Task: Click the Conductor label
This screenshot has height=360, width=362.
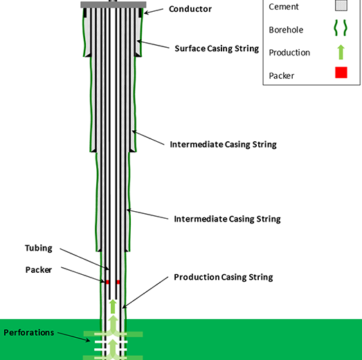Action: click(190, 9)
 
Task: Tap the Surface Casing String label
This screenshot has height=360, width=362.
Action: click(217, 48)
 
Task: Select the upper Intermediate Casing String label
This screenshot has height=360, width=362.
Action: click(224, 145)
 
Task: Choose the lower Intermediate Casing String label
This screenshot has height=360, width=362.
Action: click(227, 219)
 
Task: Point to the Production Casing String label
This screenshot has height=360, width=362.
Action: click(224, 277)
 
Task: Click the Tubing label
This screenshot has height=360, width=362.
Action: click(39, 249)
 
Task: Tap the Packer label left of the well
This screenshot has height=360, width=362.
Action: click(39, 270)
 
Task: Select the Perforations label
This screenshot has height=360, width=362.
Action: click(29, 332)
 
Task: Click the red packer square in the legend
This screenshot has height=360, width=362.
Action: click(341, 73)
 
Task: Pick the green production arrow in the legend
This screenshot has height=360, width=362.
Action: click(341, 52)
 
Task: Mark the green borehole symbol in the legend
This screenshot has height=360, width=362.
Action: click(341, 28)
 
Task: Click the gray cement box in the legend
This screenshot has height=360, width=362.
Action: click(341, 6)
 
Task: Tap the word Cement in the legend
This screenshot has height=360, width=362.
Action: click(284, 7)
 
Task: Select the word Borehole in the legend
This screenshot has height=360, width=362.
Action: click(286, 30)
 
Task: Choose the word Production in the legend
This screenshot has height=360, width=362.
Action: click(289, 53)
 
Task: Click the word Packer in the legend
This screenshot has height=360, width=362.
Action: click(282, 75)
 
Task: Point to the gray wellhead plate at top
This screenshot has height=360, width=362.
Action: click(113, 5)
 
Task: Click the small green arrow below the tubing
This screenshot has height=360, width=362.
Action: click(113, 307)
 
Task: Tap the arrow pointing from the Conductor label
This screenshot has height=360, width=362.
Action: click(154, 11)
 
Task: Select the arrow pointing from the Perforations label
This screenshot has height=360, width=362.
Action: click(74, 337)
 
